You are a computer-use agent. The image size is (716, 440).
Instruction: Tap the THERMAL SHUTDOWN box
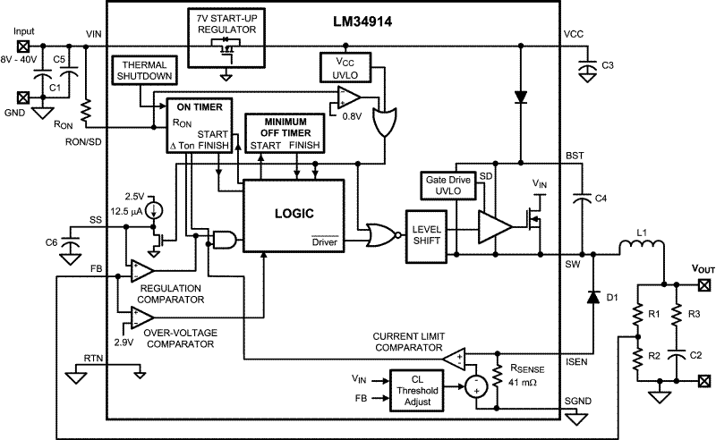[x=145, y=74]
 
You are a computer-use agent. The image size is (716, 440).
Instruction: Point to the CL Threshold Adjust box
[x=416, y=390]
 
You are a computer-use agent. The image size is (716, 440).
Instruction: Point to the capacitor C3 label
[x=608, y=65]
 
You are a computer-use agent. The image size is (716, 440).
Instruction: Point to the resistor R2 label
[x=655, y=357]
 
